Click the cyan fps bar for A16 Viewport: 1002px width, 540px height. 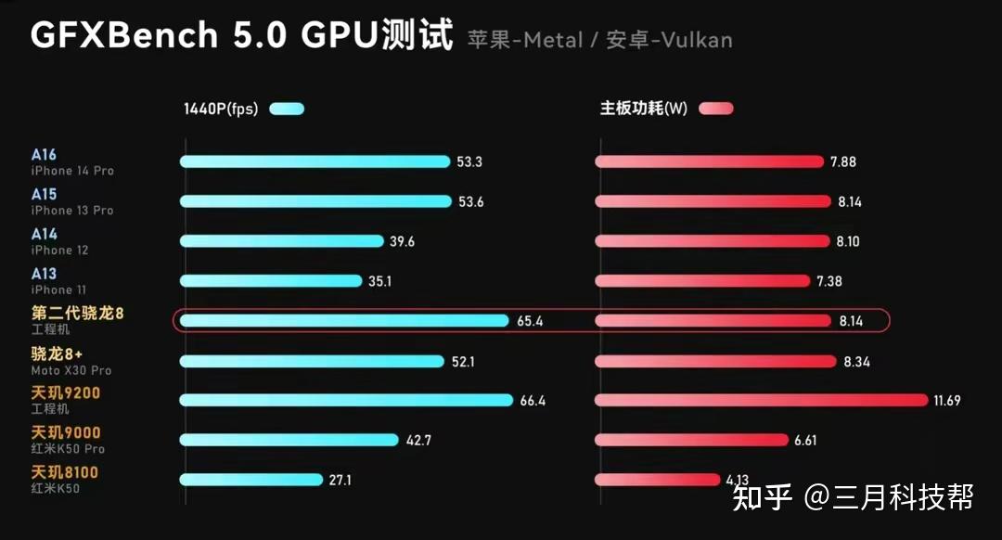click(315, 161)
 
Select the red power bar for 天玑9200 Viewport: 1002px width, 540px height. click(761, 400)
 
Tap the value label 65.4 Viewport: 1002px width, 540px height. click(530, 321)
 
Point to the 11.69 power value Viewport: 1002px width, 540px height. click(948, 401)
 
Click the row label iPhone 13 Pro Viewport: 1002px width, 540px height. click(72, 211)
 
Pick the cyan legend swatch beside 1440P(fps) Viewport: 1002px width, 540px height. click(287, 109)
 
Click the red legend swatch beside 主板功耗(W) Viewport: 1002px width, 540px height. click(716, 109)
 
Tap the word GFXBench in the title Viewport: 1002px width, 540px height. click(124, 35)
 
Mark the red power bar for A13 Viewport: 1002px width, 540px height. click(706, 280)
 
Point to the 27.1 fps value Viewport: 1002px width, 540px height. click(340, 481)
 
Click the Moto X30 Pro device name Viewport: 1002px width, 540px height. click(71, 370)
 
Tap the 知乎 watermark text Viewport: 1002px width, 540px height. click(763, 497)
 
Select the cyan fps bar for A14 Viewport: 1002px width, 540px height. click(281, 241)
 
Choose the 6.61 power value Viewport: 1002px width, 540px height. click(805, 441)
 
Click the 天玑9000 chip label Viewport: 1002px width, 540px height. click(66, 432)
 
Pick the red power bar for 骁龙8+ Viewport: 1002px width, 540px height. click(714, 361)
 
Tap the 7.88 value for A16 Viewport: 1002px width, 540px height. click(843, 162)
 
